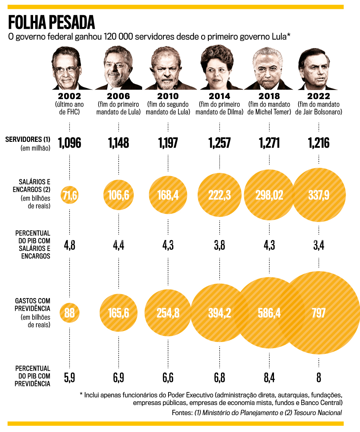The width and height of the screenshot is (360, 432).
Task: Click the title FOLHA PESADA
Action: pos(51,22)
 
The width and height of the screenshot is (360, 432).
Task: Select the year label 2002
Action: pos(69,96)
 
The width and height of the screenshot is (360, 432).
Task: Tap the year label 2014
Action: pos(220,96)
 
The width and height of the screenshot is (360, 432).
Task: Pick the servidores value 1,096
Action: pos(69,143)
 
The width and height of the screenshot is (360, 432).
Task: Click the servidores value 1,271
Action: pos(269,143)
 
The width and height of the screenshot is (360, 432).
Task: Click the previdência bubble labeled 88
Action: pos(69,313)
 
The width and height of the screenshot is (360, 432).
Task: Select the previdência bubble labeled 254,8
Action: pos(168,313)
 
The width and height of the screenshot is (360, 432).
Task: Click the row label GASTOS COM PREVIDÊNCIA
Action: pos(32,305)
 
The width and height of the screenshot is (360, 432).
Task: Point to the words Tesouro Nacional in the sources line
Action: pos(319,413)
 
